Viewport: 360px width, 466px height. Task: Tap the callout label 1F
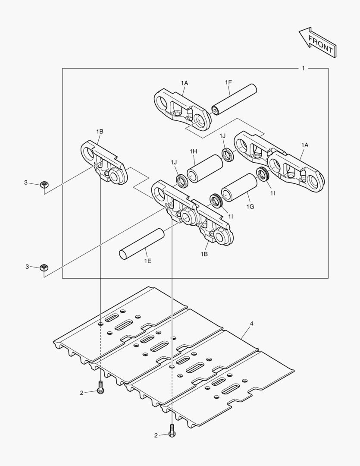[x=229, y=82]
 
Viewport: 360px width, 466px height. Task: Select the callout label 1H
[x=193, y=151]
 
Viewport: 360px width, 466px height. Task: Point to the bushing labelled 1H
[x=204, y=168]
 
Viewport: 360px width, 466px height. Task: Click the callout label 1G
[x=250, y=207]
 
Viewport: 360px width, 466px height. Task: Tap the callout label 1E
[x=148, y=261]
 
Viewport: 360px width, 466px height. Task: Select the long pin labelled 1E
[x=142, y=244]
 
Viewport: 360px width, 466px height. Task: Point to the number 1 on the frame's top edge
[x=303, y=68]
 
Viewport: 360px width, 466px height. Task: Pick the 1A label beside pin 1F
[x=184, y=82]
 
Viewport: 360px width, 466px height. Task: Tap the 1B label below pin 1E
[x=204, y=255]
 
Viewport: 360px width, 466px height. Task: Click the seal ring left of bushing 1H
[x=182, y=180]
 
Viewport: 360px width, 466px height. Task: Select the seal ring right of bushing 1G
[x=262, y=174]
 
